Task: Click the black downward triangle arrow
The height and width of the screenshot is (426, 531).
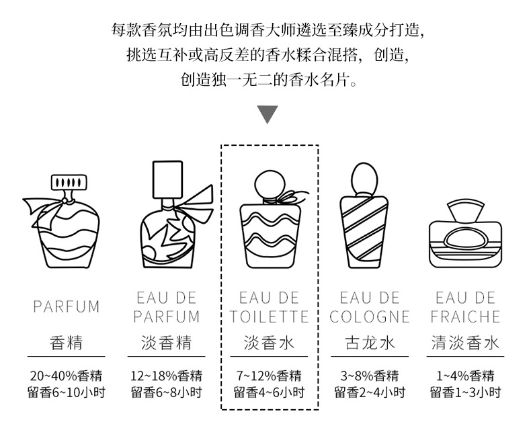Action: click(x=268, y=114)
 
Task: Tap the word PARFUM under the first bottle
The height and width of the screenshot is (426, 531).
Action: click(x=66, y=307)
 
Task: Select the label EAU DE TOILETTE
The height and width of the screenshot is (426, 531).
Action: click(x=268, y=307)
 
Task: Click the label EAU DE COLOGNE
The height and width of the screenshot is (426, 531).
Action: click(x=369, y=307)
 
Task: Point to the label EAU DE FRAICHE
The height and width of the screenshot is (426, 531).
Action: click(x=466, y=307)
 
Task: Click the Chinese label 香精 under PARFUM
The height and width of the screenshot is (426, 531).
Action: click(x=66, y=343)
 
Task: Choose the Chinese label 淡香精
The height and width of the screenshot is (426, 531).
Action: click(x=166, y=343)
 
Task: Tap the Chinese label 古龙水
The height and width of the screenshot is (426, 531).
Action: click(x=369, y=343)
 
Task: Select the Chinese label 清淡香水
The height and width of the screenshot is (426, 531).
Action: click(x=466, y=343)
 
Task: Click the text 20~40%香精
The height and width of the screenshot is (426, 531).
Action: click(x=66, y=376)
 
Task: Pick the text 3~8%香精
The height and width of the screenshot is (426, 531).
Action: click(x=369, y=376)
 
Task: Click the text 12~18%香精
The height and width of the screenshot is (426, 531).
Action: click(x=166, y=376)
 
